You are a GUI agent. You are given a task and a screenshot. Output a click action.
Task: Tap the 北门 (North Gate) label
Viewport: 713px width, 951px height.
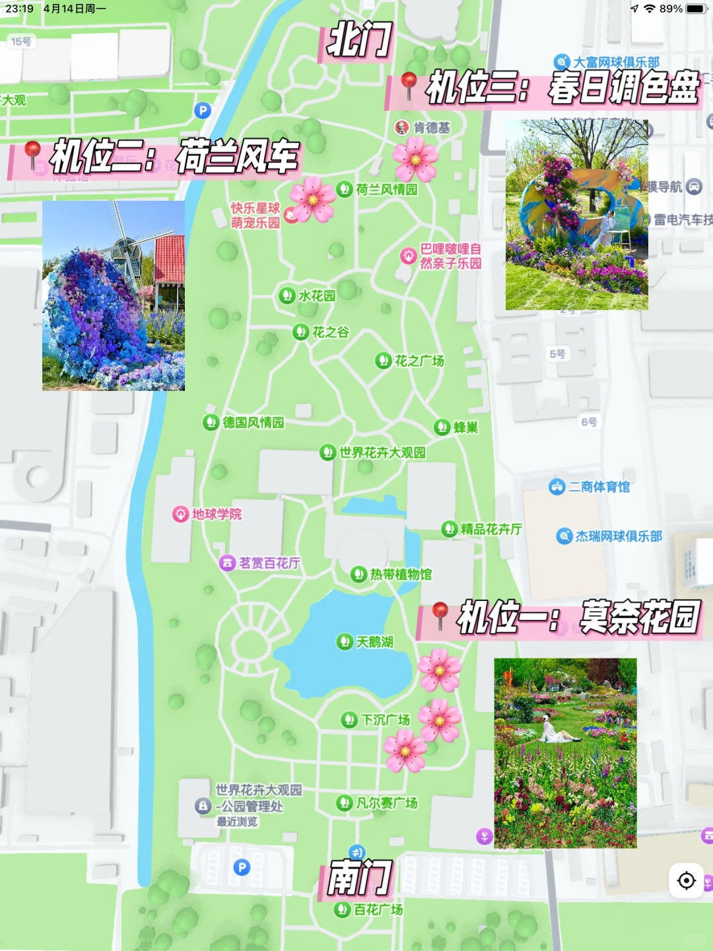359,40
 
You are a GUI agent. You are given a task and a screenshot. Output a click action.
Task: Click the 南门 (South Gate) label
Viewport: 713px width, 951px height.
360,878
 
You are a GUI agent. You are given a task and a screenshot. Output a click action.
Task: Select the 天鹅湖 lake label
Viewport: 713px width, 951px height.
374,642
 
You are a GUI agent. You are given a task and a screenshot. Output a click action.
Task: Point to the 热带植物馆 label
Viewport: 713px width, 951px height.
400,575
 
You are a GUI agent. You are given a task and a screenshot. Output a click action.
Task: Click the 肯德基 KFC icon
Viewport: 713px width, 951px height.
401,127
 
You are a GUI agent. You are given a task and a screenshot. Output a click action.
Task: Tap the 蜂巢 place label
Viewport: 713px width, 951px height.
465,427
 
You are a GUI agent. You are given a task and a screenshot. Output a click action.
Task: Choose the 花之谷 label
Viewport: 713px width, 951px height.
330,332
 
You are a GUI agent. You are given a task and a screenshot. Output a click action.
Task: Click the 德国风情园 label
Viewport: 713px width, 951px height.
253,423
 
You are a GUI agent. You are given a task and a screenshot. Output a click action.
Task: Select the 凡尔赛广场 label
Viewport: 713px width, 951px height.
386,803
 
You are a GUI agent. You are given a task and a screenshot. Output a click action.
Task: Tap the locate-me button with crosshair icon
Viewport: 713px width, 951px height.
687,880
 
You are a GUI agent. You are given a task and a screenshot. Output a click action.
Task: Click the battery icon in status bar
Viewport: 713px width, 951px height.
696,9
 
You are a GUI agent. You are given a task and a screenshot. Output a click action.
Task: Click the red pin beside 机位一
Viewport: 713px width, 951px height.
440,615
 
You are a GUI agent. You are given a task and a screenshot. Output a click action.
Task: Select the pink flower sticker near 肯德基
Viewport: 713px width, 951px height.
415,159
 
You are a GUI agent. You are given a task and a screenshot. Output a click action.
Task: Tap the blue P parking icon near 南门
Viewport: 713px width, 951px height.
242,867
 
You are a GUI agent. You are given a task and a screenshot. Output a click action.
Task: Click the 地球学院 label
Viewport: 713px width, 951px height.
216,514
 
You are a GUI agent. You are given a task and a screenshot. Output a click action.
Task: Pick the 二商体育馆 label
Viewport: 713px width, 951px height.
598,487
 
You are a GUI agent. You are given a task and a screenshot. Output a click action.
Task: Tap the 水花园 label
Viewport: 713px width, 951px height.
316,296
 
